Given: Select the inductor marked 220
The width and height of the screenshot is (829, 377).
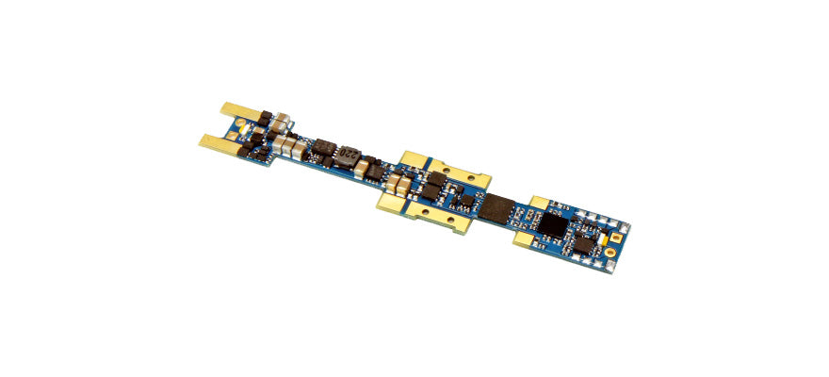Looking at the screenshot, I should coord(349,153).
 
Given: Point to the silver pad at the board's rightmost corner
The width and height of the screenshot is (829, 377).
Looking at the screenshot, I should coord(627,225).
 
